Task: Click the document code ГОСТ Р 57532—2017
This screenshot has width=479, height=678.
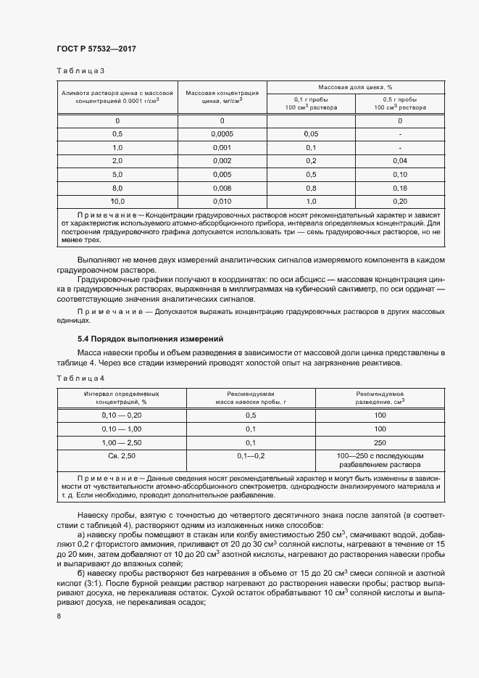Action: [x=96, y=48]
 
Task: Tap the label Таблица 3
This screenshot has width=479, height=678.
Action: [x=80, y=71]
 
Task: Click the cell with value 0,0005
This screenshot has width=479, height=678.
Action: [x=222, y=134]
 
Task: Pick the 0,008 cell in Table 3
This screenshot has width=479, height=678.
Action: [x=222, y=187]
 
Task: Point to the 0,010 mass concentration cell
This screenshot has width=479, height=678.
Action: [x=222, y=201]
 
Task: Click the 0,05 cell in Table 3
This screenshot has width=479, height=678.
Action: [x=311, y=134]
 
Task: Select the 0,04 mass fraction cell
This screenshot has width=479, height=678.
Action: [x=399, y=160]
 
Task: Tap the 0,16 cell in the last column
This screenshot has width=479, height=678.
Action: [x=399, y=187]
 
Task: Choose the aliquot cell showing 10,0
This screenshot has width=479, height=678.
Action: [x=117, y=201]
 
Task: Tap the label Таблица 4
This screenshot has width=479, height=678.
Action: [x=80, y=379]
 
